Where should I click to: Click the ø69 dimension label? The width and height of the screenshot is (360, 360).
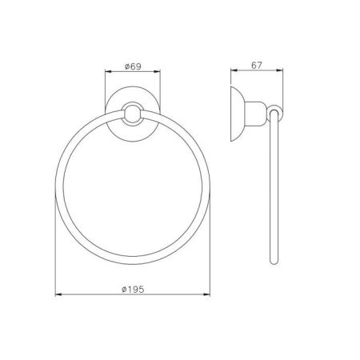[x=133, y=66]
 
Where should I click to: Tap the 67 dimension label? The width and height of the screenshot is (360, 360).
[x=257, y=66]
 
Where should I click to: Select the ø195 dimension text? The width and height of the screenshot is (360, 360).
[x=133, y=290]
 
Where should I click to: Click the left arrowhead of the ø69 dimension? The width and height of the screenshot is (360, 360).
[x=108, y=71]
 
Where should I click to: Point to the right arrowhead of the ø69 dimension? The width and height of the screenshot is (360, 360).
[x=157, y=71]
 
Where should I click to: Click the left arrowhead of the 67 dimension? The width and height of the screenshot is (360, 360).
[x=234, y=70]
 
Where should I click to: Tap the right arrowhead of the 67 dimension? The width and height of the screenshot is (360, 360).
[x=280, y=70]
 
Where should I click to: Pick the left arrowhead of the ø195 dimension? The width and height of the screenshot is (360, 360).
[x=58, y=294]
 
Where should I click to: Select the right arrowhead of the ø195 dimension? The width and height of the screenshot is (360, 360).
[x=207, y=294]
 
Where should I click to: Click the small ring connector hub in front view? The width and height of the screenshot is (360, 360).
[x=133, y=114]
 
